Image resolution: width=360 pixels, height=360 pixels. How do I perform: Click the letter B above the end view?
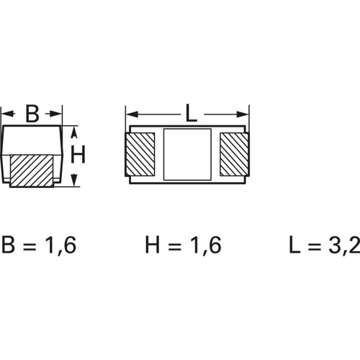(x=32, y=114)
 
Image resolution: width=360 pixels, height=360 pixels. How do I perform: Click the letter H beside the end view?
(x=78, y=155)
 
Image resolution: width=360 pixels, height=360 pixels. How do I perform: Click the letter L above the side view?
(x=192, y=114)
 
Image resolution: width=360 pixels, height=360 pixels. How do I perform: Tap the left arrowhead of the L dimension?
(x=132, y=114)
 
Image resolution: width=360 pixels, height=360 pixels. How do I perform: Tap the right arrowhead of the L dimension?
(x=243, y=114)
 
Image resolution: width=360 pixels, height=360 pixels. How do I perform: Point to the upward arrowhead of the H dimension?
(x=74, y=132)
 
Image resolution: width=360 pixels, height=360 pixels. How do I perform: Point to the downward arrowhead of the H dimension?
(x=74, y=180)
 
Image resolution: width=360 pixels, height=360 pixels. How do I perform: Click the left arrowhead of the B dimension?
(x=7, y=114)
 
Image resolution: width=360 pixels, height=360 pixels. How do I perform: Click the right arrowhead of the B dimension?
(x=55, y=114)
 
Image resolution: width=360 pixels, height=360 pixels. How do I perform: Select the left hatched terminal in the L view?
(x=140, y=154)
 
